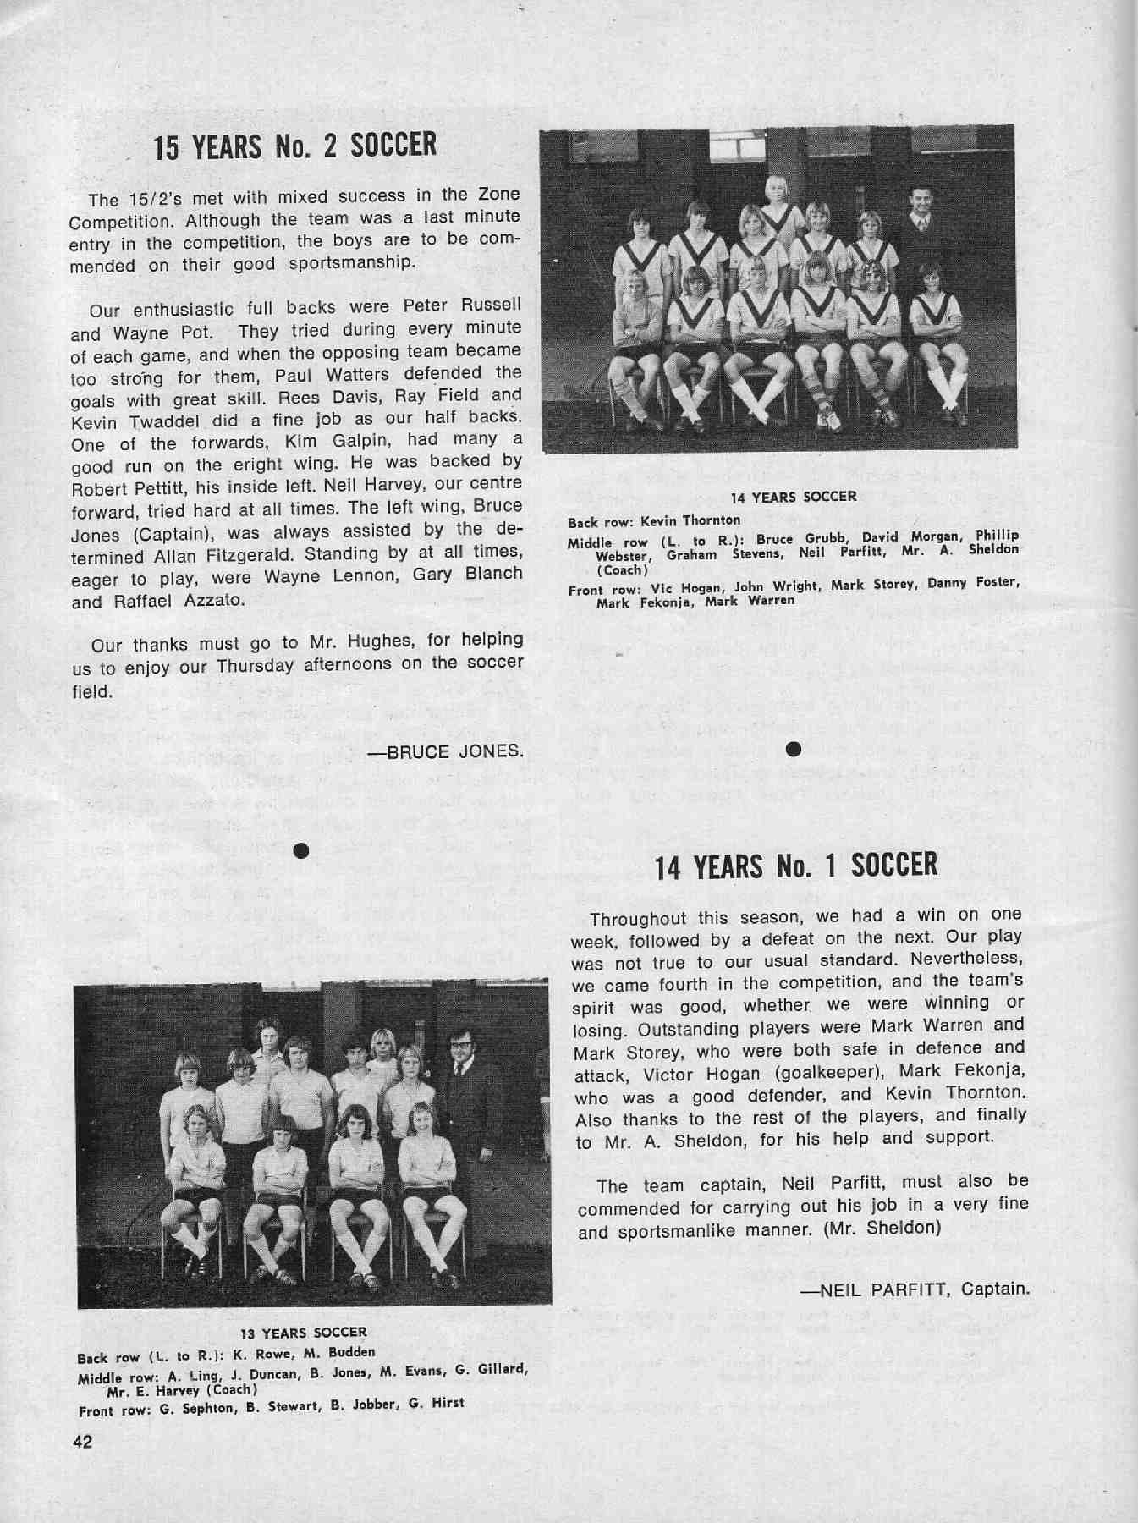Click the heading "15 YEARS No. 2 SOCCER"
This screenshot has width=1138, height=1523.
294,146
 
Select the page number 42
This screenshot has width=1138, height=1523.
83,1443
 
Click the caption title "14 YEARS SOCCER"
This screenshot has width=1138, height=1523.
793,497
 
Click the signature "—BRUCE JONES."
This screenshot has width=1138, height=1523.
445,752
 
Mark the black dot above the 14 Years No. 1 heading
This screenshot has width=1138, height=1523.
793,748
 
